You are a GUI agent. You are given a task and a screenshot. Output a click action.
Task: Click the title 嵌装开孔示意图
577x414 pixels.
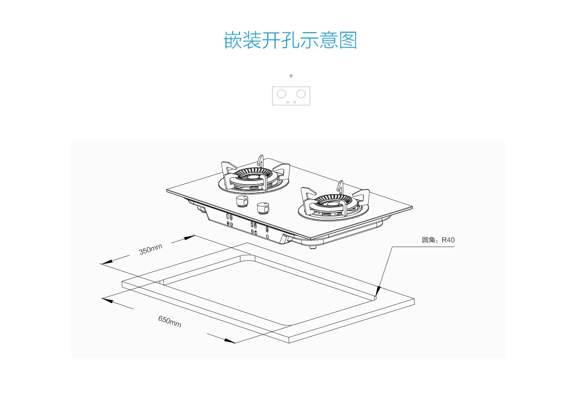[x=290, y=40]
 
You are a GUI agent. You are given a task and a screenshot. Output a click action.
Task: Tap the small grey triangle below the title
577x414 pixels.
[x=291, y=76]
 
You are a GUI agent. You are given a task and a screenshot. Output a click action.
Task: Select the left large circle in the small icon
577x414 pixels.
[x=282, y=93]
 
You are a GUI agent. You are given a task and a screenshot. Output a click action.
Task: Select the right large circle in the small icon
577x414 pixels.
[x=301, y=93]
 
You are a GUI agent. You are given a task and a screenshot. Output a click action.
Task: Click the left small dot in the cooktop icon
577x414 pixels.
[x=288, y=102]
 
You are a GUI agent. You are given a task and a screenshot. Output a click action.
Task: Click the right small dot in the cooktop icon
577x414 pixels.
[x=295, y=102]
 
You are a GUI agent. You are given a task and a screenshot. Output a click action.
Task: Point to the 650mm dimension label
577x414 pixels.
[x=170, y=321]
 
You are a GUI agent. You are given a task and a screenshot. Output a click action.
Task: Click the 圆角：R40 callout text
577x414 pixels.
[x=438, y=240]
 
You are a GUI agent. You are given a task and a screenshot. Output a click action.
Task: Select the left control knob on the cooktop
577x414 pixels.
[x=241, y=201]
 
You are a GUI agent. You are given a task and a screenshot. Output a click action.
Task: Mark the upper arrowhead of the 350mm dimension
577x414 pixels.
[x=189, y=237]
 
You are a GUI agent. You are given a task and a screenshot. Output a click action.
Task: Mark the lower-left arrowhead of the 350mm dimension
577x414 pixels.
[x=106, y=263]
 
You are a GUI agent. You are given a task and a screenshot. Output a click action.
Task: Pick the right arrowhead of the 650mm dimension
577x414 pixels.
[x=229, y=341]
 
